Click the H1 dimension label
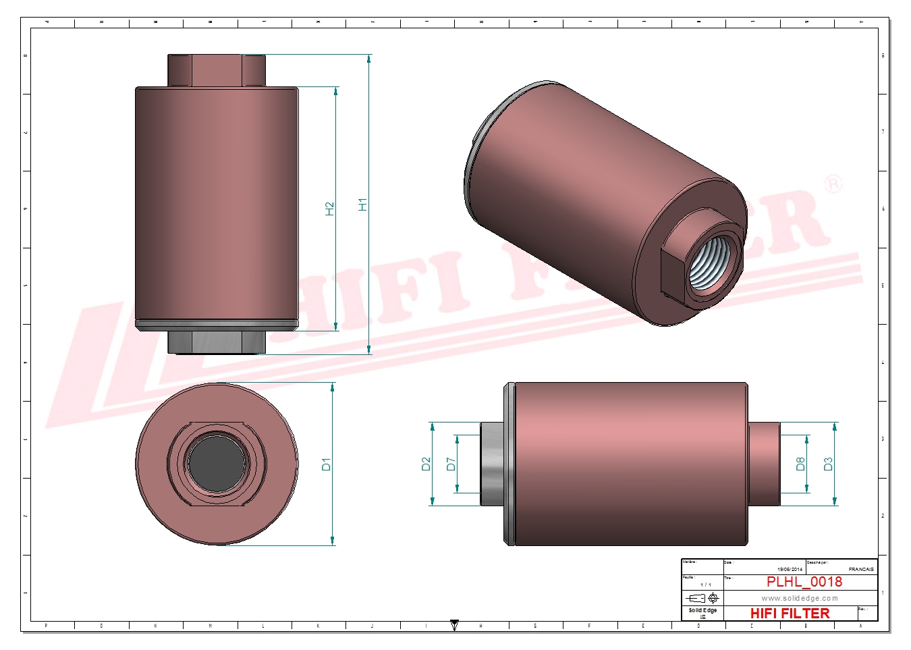362,204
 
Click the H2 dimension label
329,209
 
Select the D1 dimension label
326,464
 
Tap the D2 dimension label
425,464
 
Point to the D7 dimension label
451,464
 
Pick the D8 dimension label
800,464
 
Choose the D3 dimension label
828,464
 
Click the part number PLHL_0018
804,582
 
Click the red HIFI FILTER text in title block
790,613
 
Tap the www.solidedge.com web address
800,598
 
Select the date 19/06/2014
790,569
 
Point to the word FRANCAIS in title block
861,569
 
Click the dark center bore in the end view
216,464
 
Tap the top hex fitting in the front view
217,70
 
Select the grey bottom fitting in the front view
217,342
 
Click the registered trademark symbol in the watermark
834,184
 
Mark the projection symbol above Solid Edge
702,598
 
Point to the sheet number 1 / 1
705,585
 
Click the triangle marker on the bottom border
454,625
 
